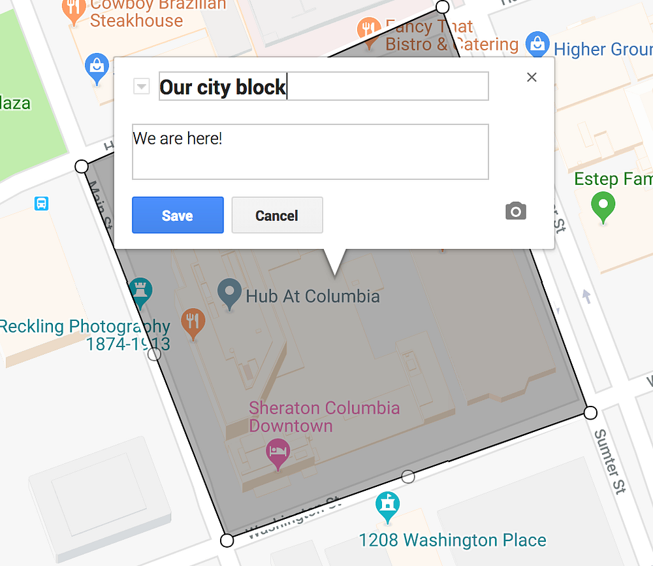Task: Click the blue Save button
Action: click(x=178, y=215)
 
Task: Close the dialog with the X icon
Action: click(x=532, y=77)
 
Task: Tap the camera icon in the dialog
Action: click(x=515, y=211)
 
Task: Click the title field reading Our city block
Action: click(x=323, y=86)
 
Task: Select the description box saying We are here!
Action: click(x=310, y=151)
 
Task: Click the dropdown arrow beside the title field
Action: click(x=142, y=86)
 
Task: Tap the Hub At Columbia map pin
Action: click(x=229, y=293)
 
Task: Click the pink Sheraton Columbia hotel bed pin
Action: click(x=278, y=452)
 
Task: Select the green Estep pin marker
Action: click(x=603, y=207)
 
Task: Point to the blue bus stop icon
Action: click(x=41, y=203)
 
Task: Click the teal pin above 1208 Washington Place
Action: click(x=388, y=505)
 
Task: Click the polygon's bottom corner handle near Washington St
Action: click(x=227, y=541)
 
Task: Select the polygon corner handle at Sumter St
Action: click(x=590, y=412)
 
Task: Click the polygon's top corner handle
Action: click(x=443, y=7)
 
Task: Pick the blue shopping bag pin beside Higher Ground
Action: click(x=537, y=44)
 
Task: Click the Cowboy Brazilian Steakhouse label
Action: click(x=157, y=12)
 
